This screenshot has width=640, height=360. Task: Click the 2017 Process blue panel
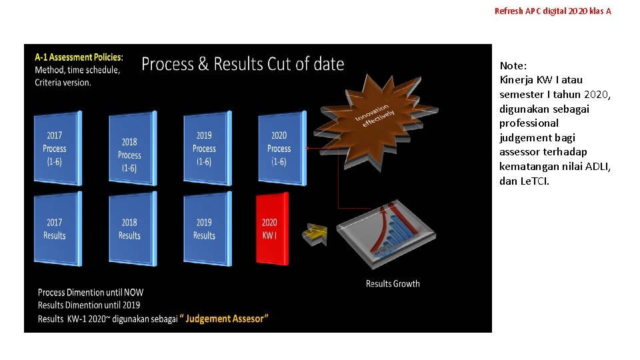(x=56, y=148)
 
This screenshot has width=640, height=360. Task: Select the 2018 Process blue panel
(x=131, y=154)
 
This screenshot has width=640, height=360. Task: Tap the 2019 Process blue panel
(x=205, y=148)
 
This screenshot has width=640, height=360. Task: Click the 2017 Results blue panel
(x=56, y=229)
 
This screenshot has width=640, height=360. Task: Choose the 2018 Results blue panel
(x=131, y=229)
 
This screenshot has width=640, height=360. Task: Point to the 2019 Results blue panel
(x=205, y=229)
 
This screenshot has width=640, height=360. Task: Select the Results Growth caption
(x=393, y=284)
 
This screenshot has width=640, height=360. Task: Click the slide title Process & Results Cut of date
(x=243, y=64)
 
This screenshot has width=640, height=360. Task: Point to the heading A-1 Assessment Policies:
(x=79, y=57)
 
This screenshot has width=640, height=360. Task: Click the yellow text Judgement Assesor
(x=227, y=319)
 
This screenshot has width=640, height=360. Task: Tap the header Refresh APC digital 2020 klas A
(x=553, y=11)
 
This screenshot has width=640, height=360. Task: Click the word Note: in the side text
(x=513, y=65)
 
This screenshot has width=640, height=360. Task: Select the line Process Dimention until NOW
(x=91, y=292)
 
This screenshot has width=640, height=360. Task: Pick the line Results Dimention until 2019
(x=89, y=305)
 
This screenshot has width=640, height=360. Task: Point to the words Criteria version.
(x=63, y=83)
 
